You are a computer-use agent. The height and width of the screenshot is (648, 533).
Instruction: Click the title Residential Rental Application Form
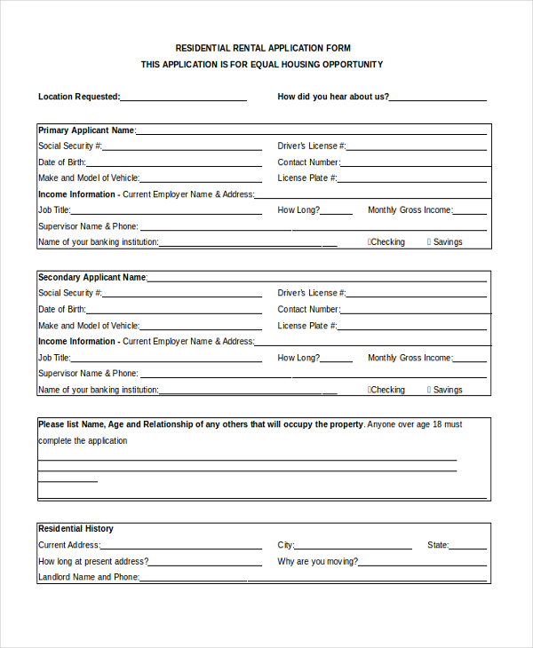click(262, 48)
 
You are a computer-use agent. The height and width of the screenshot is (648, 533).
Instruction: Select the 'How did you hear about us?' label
click(333, 97)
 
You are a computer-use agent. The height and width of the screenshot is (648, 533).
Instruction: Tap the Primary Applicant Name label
click(86, 130)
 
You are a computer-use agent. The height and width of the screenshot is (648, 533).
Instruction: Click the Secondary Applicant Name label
click(91, 277)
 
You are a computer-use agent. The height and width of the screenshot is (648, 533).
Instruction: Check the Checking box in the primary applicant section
click(370, 242)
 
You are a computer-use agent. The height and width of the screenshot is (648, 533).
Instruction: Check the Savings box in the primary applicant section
click(429, 242)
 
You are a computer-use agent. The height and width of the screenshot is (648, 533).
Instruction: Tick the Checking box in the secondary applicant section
click(370, 390)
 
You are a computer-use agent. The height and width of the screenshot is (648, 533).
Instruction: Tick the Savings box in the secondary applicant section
click(429, 390)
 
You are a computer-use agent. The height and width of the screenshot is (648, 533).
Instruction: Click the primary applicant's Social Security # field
click(182, 146)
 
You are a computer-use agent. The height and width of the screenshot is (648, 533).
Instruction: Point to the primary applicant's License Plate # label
click(307, 178)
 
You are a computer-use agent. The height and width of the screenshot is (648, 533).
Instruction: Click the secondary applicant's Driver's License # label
click(311, 293)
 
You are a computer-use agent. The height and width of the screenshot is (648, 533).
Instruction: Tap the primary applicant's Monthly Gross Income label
click(410, 210)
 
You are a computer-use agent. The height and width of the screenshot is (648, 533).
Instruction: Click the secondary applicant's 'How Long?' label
click(298, 358)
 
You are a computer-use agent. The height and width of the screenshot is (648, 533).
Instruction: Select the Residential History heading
click(76, 529)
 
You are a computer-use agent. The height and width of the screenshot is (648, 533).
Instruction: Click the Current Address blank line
click(181, 546)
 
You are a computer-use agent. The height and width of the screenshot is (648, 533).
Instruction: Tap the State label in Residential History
click(438, 546)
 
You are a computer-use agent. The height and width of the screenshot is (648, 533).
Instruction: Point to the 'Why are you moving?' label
click(318, 562)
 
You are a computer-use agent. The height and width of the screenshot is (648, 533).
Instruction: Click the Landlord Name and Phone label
click(88, 577)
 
